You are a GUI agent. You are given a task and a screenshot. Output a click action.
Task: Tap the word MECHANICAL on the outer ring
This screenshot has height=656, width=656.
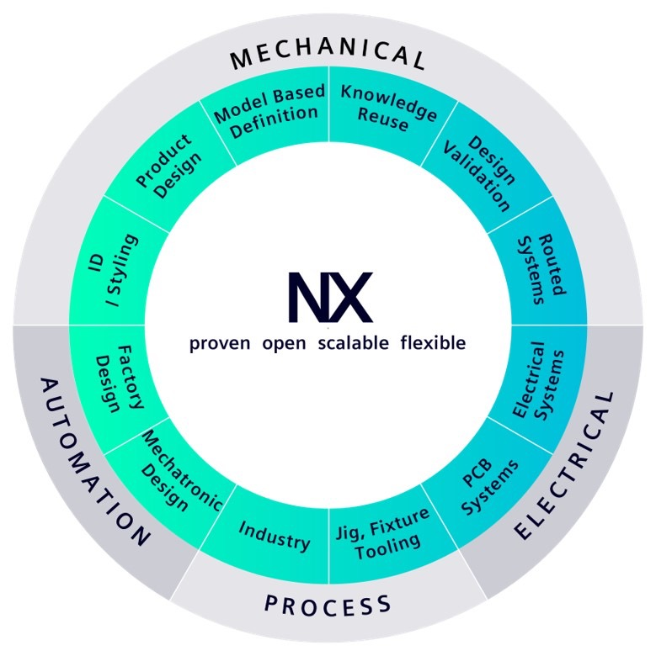point(328,57)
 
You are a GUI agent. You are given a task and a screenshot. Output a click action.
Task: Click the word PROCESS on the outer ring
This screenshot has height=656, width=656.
point(328,604)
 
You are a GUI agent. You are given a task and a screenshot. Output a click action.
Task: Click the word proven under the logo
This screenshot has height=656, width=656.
point(220,343)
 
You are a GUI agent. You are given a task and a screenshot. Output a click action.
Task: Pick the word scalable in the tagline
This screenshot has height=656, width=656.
point(354,343)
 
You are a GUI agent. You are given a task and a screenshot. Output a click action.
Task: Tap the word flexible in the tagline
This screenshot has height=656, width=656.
point(433,343)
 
